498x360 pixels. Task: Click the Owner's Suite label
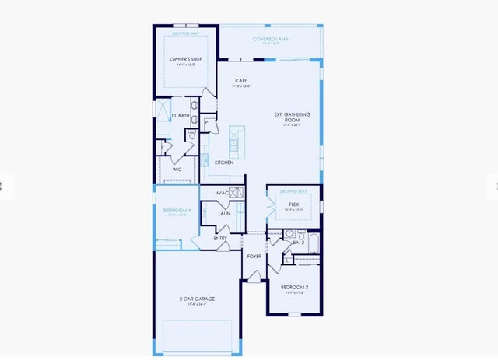[x=185, y=59]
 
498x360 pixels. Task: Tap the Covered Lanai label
[x=272, y=39]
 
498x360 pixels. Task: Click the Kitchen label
[x=224, y=163]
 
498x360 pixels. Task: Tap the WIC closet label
[x=177, y=169]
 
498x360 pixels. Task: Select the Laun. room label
[x=223, y=212]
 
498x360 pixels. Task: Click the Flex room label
[x=294, y=204]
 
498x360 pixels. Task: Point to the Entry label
[x=220, y=238]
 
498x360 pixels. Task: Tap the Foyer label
[x=254, y=256]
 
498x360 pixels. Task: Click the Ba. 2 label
[x=297, y=243]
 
